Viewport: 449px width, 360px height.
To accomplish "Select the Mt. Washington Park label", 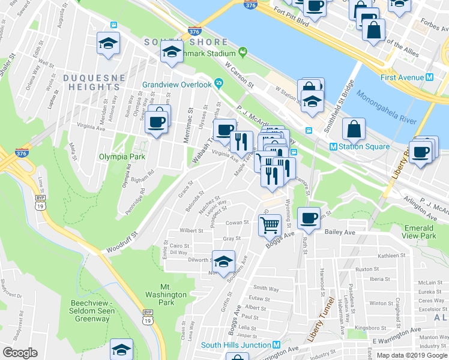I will coord(166,295).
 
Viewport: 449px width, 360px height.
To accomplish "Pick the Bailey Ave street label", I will coord(340,232).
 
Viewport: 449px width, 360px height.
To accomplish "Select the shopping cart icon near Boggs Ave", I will coord(270,225).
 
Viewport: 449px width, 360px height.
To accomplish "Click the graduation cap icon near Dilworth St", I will coord(223,263).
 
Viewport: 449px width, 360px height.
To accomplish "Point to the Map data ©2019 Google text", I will coord(412,355).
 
